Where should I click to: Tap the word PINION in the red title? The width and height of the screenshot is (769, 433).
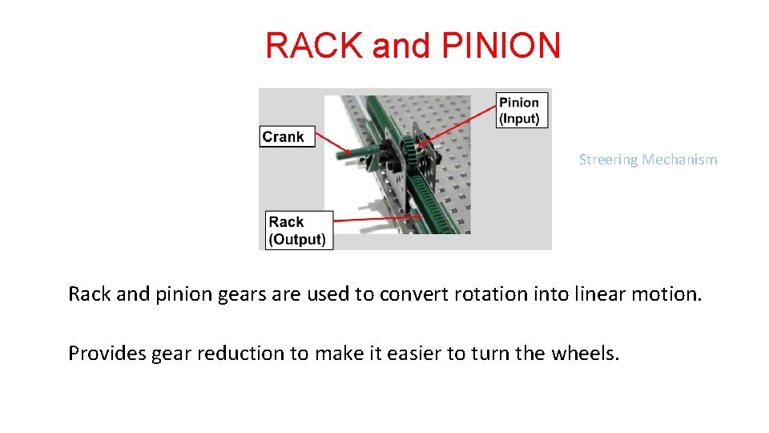pos(501,46)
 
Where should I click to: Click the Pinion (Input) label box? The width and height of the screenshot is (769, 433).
pos(519,110)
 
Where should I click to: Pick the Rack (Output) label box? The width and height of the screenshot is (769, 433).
pos(297,230)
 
